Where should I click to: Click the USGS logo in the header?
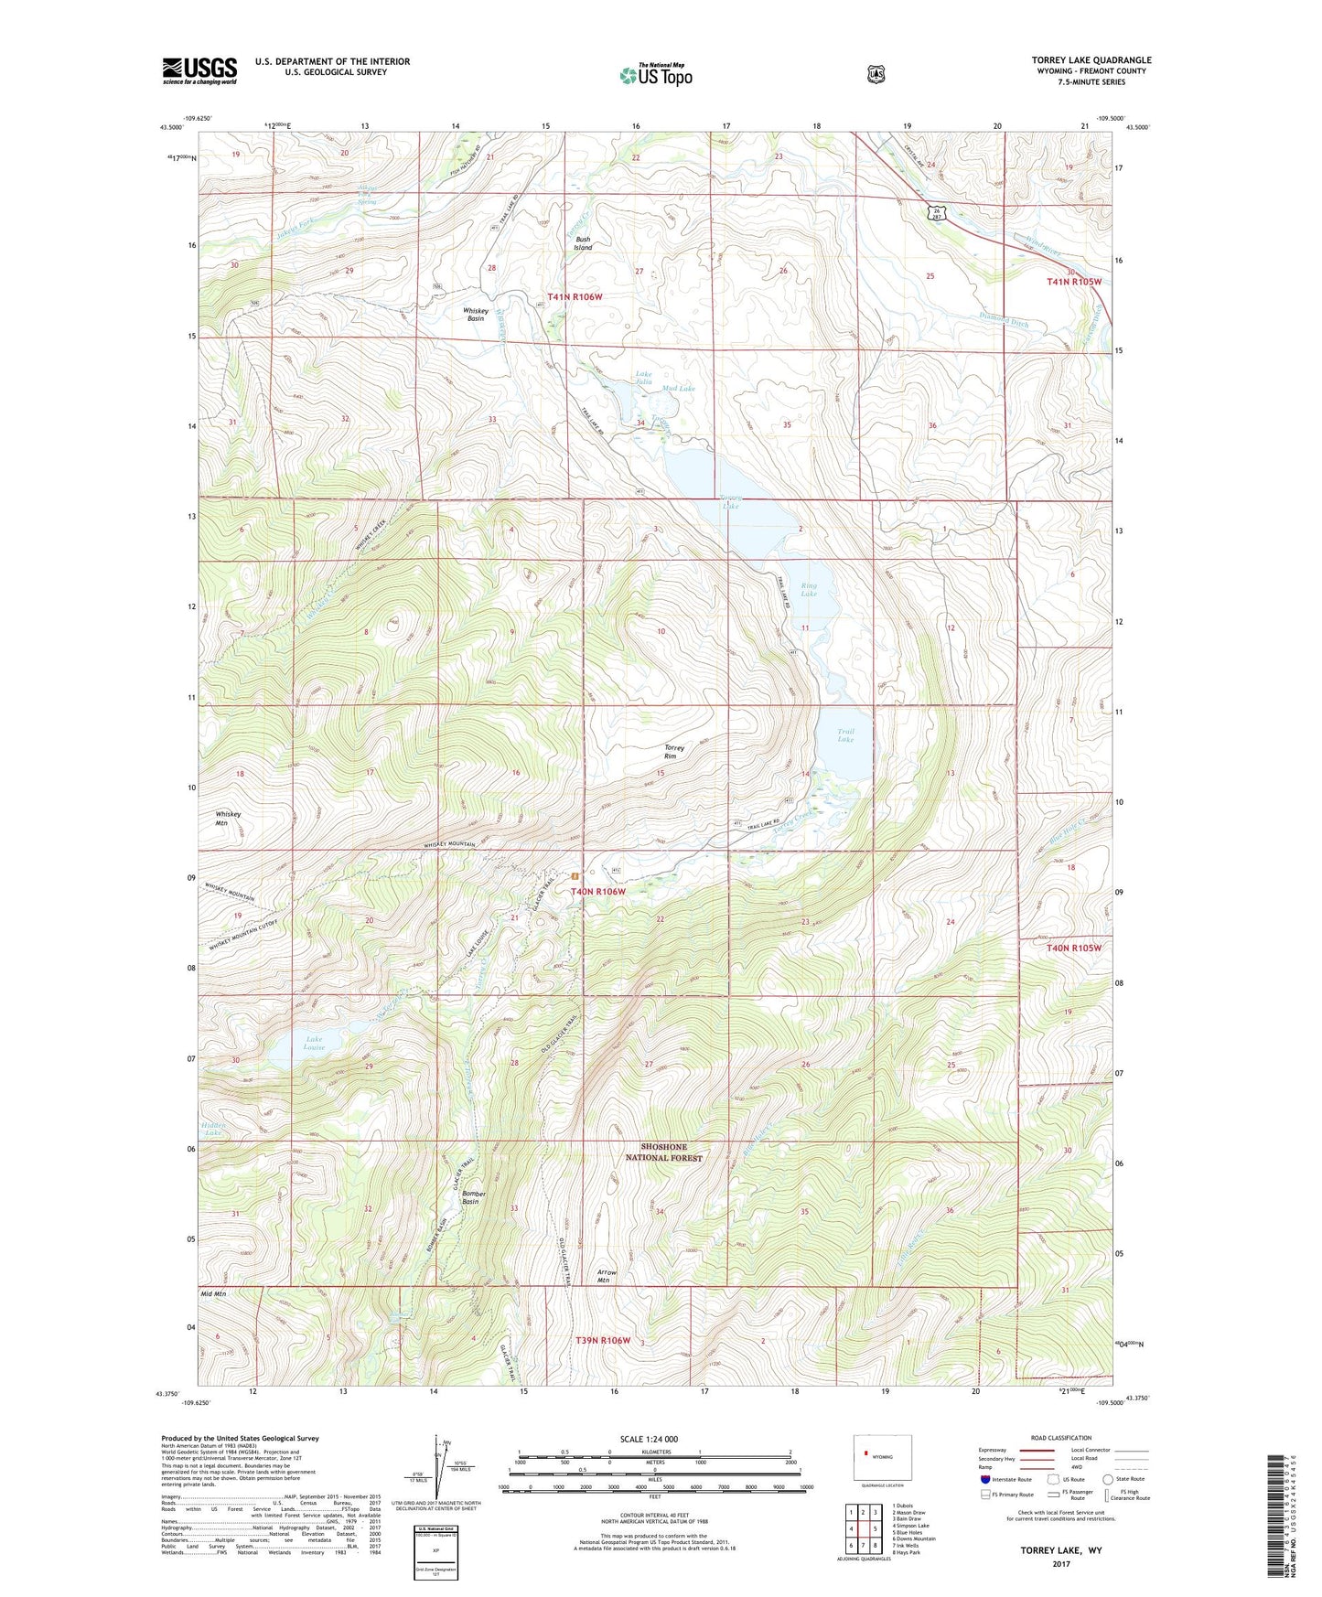point(199,70)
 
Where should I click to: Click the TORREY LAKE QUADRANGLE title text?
point(1091,60)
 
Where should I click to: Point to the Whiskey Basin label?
point(475,315)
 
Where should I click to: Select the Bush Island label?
point(583,243)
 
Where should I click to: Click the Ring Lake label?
point(809,590)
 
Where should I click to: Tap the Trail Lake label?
point(845,734)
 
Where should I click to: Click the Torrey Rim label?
point(674,752)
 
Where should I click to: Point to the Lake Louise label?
point(314,1043)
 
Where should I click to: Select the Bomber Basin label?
point(473,1198)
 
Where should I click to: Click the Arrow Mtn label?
point(606,1276)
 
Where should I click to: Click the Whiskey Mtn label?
point(228,818)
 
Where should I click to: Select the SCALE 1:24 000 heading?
point(649,1439)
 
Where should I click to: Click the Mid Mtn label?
point(213,1294)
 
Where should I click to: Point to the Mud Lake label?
point(678,389)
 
